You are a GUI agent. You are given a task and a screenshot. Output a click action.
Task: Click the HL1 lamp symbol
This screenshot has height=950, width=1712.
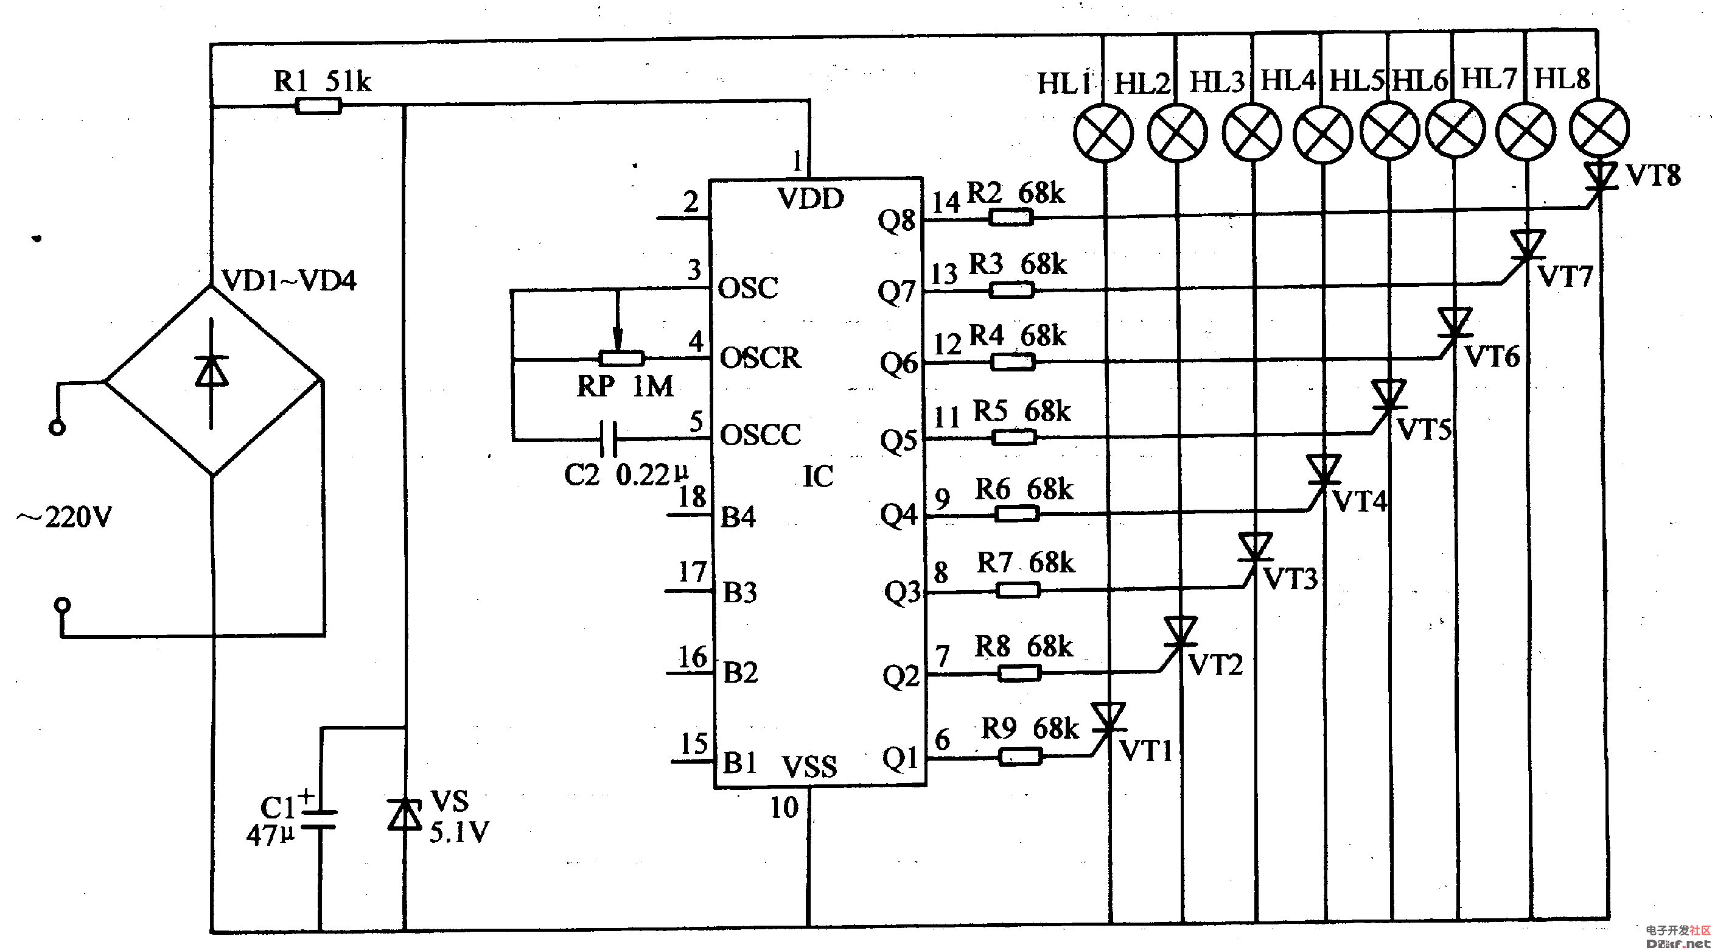[1103, 132]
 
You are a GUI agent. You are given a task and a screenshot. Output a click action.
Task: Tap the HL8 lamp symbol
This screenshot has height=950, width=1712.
[1599, 128]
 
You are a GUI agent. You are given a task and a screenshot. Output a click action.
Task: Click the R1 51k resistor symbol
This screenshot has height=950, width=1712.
[318, 106]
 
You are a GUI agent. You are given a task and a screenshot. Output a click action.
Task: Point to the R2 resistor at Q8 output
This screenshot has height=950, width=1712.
[1011, 217]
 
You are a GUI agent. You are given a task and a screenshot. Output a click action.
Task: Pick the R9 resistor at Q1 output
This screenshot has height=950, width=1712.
[1020, 756]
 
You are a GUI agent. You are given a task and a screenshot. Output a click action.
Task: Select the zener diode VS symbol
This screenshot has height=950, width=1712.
[405, 814]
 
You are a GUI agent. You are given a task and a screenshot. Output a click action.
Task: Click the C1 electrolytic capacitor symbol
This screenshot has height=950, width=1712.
[319, 819]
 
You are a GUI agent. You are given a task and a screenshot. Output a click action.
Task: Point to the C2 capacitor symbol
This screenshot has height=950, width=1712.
[608, 439]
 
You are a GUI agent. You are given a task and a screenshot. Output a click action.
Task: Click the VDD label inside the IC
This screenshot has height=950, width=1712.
[811, 199]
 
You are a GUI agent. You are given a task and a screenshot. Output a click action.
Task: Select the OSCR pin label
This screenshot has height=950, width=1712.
[760, 357]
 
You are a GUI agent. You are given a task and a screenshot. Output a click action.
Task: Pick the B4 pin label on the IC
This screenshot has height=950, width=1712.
[738, 517]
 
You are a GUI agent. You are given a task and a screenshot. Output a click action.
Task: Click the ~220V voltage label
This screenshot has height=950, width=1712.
[65, 517]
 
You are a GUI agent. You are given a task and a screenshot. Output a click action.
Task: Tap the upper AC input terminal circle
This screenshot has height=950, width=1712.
[57, 427]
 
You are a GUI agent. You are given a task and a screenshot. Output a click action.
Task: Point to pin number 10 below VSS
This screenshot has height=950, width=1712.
[784, 807]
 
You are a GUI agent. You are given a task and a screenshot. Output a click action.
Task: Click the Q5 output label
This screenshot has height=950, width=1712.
[898, 441]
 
